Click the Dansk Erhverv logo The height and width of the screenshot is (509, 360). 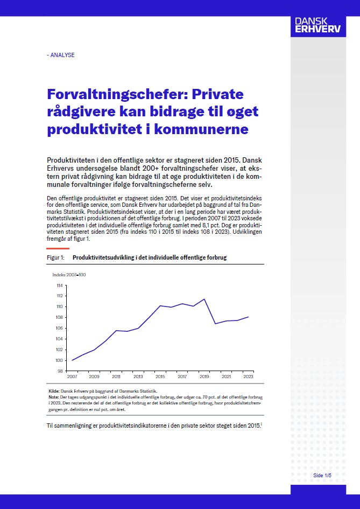(317, 26)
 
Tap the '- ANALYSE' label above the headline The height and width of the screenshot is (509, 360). (61, 55)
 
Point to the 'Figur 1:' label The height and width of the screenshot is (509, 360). (56, 257)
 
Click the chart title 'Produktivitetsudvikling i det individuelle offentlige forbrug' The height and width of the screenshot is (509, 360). (150, 257)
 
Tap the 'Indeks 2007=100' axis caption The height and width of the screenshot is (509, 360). (69, 275)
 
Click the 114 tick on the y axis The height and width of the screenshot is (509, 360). (60, 285)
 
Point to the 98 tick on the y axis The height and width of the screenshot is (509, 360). (60, 371)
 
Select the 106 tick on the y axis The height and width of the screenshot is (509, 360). (60, 328)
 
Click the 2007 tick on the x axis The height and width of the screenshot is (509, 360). (72, 376)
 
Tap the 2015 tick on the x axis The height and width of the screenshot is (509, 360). (160, 376)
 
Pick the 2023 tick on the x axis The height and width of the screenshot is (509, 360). (248, 376)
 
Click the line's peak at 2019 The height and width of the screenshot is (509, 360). (204, 299)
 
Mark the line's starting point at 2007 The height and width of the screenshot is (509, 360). (72, 360)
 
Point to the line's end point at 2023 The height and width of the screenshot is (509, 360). (248, 317)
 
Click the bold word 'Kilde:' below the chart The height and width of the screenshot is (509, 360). (54, 391)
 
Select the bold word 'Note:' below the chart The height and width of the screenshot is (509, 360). (53, 396)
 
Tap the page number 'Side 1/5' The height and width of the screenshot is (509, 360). (322, 476)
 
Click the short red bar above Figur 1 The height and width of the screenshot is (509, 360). (55, 248)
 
